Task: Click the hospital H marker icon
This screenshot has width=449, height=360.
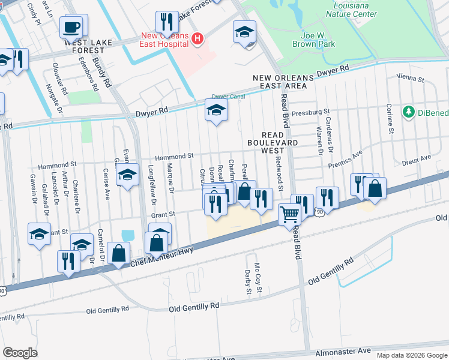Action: [197, 40]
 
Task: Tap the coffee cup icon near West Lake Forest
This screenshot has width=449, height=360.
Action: [72, 26]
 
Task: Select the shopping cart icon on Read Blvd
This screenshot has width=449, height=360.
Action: [290, 214]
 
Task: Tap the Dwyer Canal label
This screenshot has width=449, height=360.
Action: [228, 97]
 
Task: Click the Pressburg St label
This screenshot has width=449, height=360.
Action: [312, 112]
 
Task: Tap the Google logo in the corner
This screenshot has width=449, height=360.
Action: [20, 353]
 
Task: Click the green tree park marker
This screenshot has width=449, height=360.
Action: [409, 112]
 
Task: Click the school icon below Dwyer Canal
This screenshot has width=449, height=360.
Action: [216, 110]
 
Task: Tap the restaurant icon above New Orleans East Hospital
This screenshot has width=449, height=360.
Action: [167, 22]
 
